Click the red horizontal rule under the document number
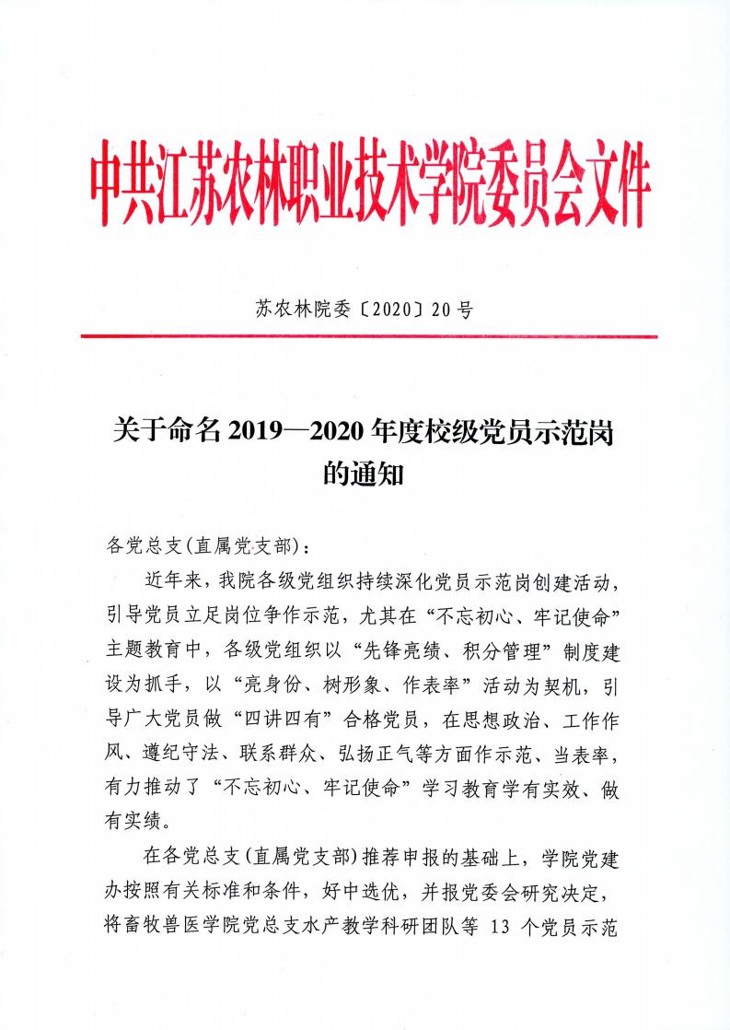pos(368,336)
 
